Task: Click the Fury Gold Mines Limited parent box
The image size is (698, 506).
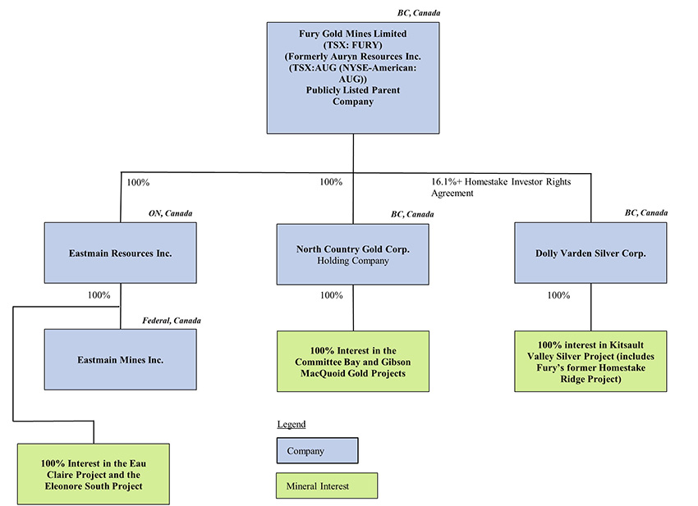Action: coord(353,78)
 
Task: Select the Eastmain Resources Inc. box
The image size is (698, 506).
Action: coord(121,253)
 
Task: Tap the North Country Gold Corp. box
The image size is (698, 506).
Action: coord(353,253)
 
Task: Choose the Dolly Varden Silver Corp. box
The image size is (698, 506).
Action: coord(590,253)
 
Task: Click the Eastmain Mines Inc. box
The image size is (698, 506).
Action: coord(121,359)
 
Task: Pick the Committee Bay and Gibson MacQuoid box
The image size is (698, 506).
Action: coord(353,361)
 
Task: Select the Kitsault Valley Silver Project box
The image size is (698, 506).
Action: coord(590,361)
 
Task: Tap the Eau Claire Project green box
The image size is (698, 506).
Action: coord(93,474)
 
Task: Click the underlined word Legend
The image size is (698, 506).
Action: coord(291,424)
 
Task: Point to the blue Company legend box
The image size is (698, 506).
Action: coord(317,451)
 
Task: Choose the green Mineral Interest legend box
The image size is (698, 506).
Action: coord(326,486)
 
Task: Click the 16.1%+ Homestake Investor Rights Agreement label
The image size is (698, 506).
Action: coord(500,188)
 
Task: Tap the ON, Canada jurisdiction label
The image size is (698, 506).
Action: coord(170,213)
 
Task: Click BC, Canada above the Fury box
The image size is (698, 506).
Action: coord(418,13)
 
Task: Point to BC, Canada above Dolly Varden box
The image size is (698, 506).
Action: coord(645,213)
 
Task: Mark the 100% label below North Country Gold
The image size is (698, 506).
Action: coord(331,295)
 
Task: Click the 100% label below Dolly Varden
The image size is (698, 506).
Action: coord(558,295)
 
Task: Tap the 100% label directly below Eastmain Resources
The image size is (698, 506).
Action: coord(99,295)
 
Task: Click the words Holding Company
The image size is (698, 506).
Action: coord(353,261)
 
